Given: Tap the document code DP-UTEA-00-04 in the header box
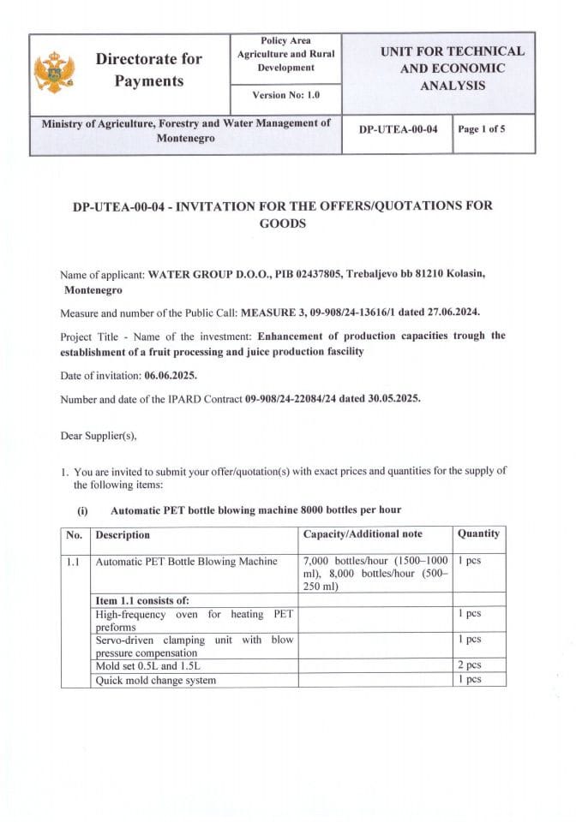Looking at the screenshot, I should click(x=398, y=129).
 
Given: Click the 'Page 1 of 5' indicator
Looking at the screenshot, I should click(x=482, y=129).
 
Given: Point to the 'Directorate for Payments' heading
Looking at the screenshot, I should click(x=149, y=70).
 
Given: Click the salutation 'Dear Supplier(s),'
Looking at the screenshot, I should click(x=99, y=435).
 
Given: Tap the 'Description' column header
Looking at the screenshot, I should click(x=123, y=534).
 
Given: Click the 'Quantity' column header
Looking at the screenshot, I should click(x=478, y=533).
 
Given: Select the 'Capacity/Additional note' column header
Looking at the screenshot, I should click(x=363, y=534).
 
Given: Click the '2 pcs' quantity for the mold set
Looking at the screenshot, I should click(x=469, y=664).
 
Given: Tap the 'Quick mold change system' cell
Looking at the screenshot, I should click(x=156, y=680).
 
